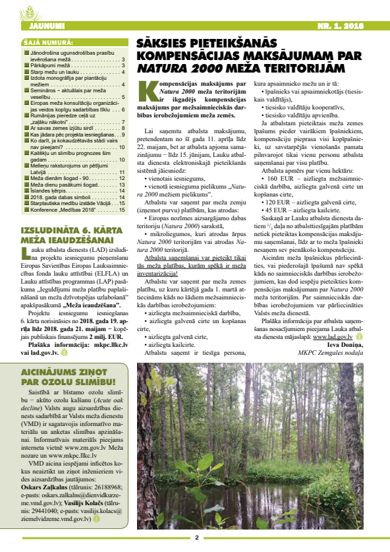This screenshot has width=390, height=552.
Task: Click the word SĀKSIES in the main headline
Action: pos(159,42)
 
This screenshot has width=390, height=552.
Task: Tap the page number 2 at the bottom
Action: pos(196,537)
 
